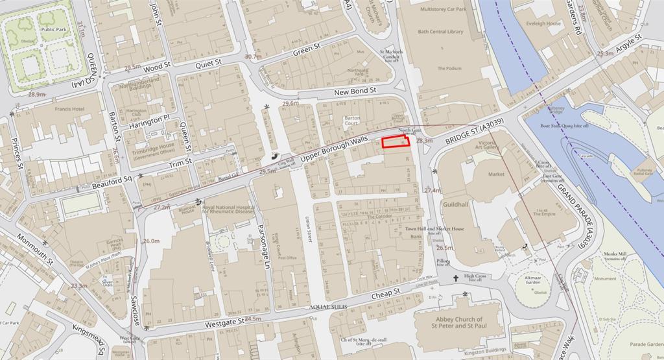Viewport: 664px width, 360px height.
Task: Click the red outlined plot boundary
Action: (x=396, y=143)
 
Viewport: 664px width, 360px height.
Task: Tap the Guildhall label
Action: (x=456, y=204)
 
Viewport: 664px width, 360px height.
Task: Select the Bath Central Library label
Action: (x=441, y=31)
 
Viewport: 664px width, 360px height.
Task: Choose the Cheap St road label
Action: (x=387, y=294)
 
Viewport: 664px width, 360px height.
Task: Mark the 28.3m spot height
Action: (x=424, y=140)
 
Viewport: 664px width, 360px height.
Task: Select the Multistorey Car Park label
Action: (x=443, y=10)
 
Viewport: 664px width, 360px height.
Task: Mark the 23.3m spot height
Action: (x=79, y=286)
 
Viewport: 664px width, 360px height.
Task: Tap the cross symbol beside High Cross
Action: (x=456, y=279)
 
